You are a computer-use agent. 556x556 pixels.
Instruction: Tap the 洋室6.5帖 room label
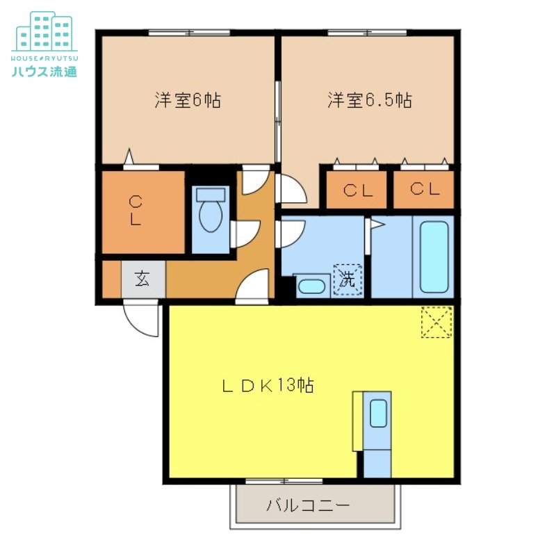[x=370, y=100]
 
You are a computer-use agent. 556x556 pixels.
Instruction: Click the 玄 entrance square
[x=142, y=279]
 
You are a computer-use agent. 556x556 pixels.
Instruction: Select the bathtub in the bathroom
[x=434, y=256]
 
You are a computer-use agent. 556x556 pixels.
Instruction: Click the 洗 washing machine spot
[x=347, y=280]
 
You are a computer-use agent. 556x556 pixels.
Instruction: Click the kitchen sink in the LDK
[x=378, y=414]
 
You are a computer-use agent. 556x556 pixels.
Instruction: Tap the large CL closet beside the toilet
[x=143, y=211]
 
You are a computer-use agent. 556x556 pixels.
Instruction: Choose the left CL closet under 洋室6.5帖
[x=357, y=190]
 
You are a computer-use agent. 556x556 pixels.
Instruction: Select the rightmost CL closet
[x=424, y=190]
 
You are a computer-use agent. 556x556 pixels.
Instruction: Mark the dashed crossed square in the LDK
[x=436, y=322]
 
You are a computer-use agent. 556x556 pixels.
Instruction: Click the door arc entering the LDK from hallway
[x=252, y=286]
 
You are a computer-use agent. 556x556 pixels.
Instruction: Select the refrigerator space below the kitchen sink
[x=377, y=462]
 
